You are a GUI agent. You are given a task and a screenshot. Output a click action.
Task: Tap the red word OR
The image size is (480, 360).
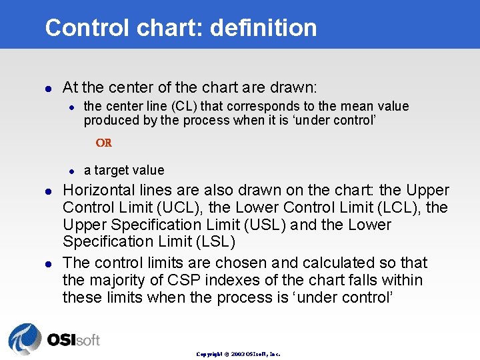[x=103, y=143]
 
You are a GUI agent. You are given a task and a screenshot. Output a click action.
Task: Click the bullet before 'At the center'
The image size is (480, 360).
[x=47, y=88]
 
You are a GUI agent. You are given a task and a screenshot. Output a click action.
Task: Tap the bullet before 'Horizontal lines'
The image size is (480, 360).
[x=47, y=191]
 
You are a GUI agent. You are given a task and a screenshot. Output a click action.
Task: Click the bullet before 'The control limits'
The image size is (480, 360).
[x=47, y=264]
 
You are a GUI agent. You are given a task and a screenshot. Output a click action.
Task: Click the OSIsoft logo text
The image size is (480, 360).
[x=73, y=339]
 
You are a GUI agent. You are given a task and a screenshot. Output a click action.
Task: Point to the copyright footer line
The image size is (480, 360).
[x=238, y=354]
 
